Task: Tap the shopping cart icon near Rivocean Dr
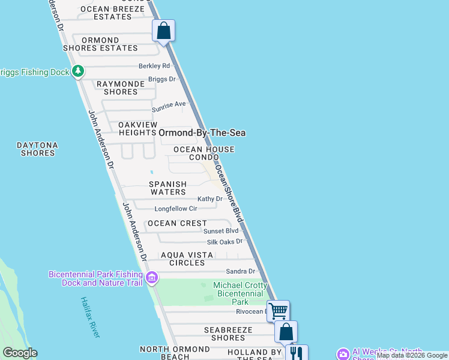tap(278, 311)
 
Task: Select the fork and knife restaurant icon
tap(297, 353)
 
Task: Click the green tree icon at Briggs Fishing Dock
tap(77, 72)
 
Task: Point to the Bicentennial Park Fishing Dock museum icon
tap(152, 278)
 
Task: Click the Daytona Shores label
tap(37, 149)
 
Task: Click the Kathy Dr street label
tap(210, 199)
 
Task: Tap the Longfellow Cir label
tap(176, 209)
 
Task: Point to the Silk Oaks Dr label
tap(224, 242)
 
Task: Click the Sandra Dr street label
tap(240, 271)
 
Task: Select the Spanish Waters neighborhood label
tap(168, 188)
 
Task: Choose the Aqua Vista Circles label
tap(187, 259)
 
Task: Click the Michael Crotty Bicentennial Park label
tap(238, 293)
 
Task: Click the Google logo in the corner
tap(20, 353)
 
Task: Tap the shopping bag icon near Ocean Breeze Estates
tap(163, 31)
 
